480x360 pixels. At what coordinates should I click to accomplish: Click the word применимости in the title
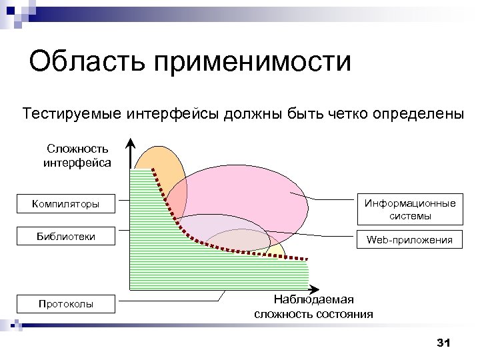[253, 63]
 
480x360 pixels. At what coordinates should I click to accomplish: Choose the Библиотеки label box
[65, 237]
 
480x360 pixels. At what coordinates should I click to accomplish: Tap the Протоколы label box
[65, 304]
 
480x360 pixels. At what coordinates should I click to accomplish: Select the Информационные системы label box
[410, 209]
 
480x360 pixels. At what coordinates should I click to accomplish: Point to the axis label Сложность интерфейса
[77, 155]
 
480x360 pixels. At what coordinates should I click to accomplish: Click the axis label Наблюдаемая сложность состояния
[313, 306]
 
